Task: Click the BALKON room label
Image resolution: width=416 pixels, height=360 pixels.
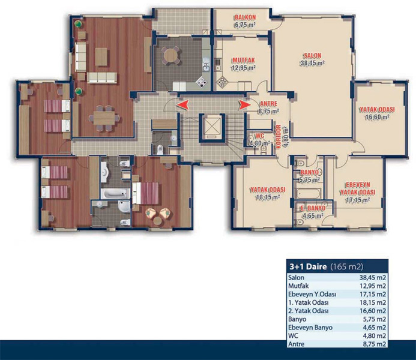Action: click(245, 17)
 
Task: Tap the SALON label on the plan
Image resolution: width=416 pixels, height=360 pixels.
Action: click(313, 56)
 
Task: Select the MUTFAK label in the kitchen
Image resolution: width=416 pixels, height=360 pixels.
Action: click(244, 60)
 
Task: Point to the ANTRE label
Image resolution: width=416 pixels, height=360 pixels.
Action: click(269, 104)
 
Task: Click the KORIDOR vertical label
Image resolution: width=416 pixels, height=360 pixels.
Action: click(279, 137)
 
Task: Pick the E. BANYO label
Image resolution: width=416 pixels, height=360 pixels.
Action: click(313, 208)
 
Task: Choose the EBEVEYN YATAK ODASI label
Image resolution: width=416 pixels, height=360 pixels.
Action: click(358, 188)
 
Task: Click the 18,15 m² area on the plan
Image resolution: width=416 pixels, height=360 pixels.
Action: click(268, 197)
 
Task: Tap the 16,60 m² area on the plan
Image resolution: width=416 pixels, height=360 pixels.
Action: click(377, 117)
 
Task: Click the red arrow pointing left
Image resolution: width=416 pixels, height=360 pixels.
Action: click(183, 105)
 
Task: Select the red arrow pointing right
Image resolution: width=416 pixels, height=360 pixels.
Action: click(244, 105)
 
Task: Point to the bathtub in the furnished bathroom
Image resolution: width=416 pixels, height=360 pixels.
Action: click(115, 194)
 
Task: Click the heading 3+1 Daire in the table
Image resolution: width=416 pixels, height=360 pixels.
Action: click(308, 266)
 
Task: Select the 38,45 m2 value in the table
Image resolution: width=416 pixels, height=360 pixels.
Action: click(373, 278)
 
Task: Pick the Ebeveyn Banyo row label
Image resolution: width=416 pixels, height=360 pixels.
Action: click(310, 328)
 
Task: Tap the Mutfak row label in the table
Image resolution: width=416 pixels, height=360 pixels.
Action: click(298, 286)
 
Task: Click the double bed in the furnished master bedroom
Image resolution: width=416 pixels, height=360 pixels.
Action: click(145, 193)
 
